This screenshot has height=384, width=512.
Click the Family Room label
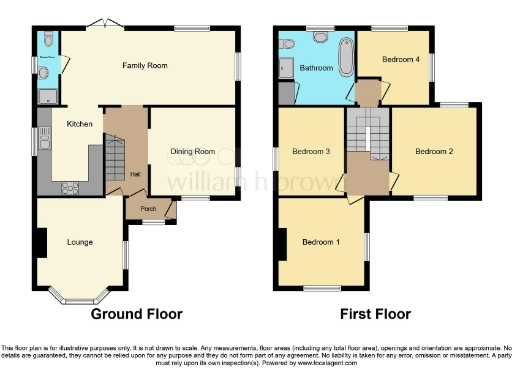point(144,66)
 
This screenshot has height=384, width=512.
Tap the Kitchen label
point(80,124)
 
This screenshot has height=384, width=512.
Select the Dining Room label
point(194,151)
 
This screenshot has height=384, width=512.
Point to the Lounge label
point(79,241)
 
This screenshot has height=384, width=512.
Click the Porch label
point(149,209)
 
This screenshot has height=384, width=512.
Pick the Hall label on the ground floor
point(133,174)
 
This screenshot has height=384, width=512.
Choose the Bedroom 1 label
point(321,242)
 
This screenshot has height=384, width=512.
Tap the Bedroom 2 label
point(435,151)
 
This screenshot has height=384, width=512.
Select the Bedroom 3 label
point(311,151)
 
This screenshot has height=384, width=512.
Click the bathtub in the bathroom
point(346,56)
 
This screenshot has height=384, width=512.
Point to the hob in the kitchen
point(72,187)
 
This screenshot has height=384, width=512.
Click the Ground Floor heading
point(137,314)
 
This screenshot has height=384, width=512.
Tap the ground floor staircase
point(114,155)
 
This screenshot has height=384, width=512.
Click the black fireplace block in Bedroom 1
point(283,241)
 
